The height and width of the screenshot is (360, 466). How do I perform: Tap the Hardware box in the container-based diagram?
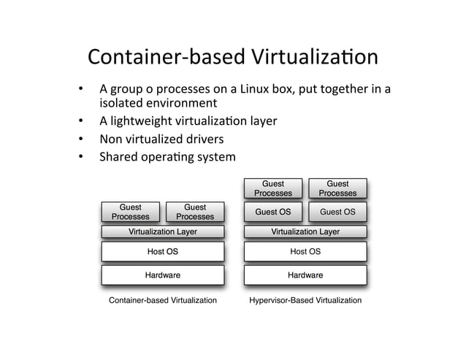click(x=162, y=275)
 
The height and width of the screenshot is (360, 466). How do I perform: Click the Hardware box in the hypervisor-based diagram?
click(x=305, y=275)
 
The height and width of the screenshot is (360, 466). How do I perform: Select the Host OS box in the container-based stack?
click(x=162, y=252)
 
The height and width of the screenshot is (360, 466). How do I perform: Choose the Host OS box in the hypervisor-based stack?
click(x=305, y=252)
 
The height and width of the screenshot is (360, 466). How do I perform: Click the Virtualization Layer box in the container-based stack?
click(x=162, y=232)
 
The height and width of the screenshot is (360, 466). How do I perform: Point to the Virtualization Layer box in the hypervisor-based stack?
click(x=305, y=232)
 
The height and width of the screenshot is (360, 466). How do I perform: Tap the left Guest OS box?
click(x=272, y=212)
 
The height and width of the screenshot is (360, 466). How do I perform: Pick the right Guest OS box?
click(x=337, y=212)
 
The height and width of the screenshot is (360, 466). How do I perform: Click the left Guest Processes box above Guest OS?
click(x=272, y=188)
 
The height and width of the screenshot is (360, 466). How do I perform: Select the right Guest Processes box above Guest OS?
click(x=337, y=188)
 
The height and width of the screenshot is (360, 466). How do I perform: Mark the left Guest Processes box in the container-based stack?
click(x=130, y=212)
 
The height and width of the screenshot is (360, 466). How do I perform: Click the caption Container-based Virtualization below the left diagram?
click(x=162, y=300)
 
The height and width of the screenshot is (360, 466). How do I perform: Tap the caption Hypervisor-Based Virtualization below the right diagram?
click(x=305, y=300)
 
